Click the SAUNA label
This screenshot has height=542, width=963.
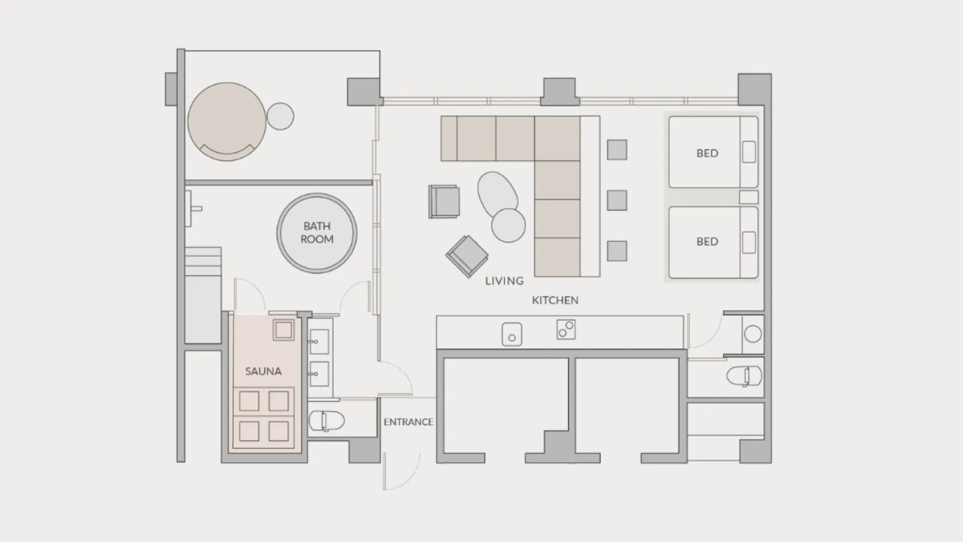click(x=263, y=371)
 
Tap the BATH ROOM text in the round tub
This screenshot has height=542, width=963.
click(x=317, y=233)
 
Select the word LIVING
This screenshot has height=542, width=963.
click(x=504, y=281)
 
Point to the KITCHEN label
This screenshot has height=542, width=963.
click(x=555, y=300)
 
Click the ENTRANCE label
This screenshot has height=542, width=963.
click(x=408, y=422)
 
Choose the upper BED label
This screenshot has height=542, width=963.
click(x=707, y=153)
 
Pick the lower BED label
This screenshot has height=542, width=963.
click(x=707, y=241)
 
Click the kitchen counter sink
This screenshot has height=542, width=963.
click(x=512, y=334)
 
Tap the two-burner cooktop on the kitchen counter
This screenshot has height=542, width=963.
click(x=565, y=330)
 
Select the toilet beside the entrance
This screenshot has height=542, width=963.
click(x=327, y=421)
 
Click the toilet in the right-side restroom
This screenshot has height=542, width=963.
click(x=744, y=376)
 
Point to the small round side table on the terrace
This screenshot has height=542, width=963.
click(x=280, y=116)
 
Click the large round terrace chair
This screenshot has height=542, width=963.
click(x=227, y=122)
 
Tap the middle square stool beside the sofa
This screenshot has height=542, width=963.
click(x=617, y=200)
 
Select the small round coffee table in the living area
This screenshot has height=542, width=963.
click(x=508, y=225)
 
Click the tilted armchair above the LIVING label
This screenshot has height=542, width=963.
click(x=467, y=256)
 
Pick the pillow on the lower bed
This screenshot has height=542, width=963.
click(x=749, y=243)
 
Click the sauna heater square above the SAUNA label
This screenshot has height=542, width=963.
click(x=283, y=330)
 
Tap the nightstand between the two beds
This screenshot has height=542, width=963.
click(x=748, y=198)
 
